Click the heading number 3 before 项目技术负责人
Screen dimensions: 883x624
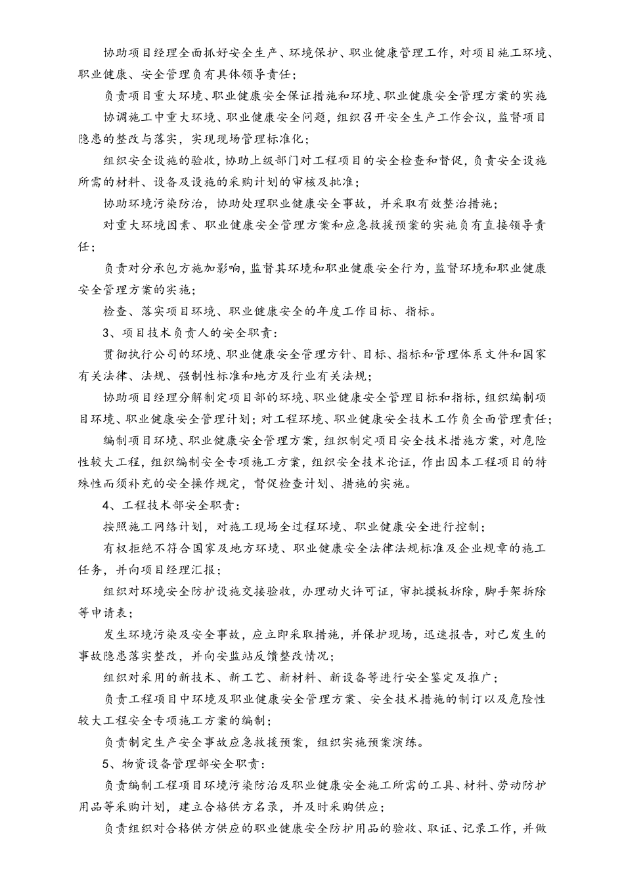[106, 333]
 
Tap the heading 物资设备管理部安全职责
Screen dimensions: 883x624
[194, 765]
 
